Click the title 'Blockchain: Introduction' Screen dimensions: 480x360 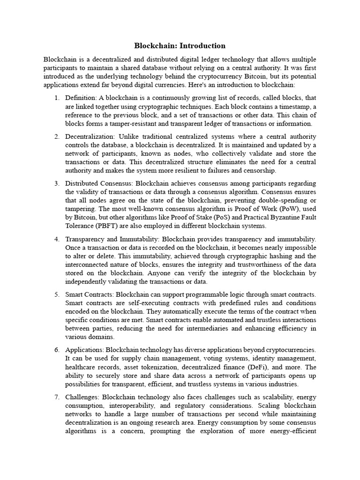point(180,46)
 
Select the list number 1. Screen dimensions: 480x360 point(56,97)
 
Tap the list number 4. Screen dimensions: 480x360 point(56,239)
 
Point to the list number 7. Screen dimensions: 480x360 point(56,397)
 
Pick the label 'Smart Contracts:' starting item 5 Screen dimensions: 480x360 point(89,294)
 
